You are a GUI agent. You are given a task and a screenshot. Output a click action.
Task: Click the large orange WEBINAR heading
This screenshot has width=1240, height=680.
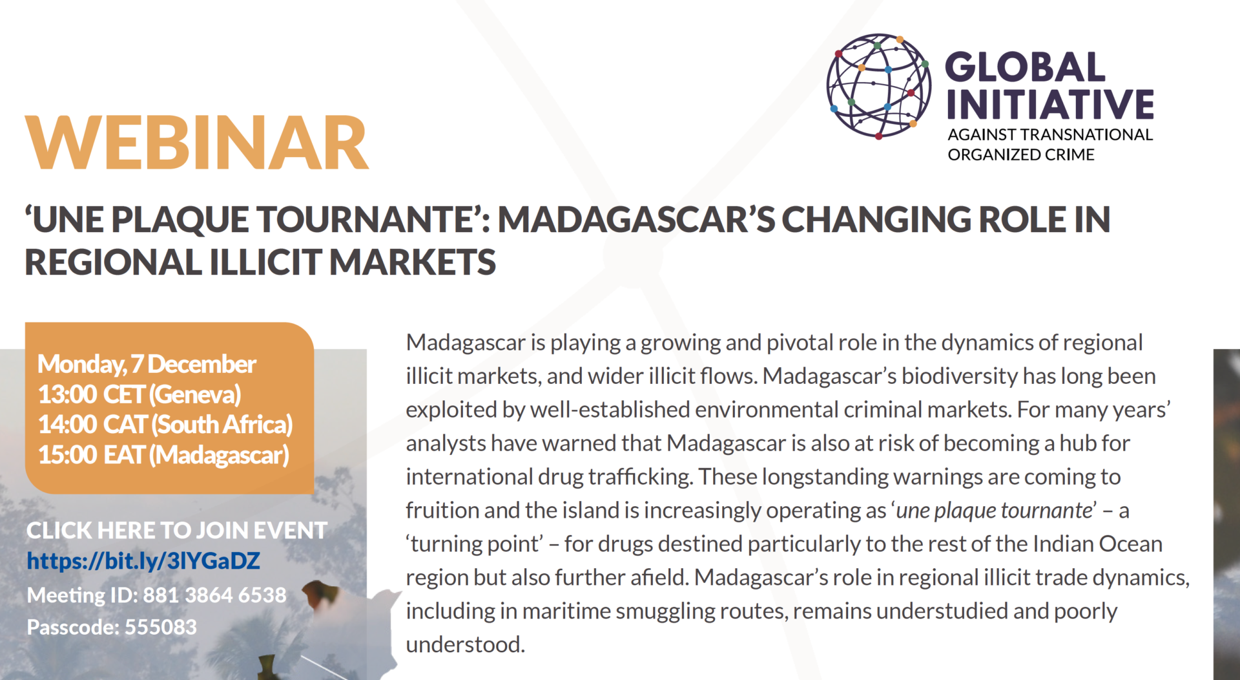pos(197,143)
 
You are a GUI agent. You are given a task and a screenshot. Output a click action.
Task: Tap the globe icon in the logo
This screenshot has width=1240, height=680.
pos(878,87)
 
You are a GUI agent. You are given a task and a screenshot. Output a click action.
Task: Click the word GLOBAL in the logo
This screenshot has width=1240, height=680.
pos(1025,67)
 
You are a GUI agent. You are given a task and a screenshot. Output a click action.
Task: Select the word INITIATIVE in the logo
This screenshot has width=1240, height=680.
pos(1050,105)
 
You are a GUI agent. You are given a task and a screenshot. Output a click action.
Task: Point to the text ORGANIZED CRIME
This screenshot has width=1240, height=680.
pos(1020,155)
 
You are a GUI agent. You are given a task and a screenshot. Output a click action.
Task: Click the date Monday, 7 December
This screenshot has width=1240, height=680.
pos(147,365)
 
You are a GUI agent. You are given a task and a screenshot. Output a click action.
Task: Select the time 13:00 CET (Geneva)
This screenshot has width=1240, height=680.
pos(139,394)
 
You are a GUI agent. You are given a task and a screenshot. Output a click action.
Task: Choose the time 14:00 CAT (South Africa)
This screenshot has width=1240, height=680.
pos(165,425)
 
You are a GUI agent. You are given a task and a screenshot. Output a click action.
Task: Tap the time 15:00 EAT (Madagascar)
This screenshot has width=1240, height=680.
pos(163,455)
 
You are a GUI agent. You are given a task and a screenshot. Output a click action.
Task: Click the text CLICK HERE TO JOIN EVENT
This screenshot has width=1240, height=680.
pos(176,531)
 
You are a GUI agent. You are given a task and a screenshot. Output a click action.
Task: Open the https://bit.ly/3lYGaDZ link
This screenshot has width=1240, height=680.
pos(143,561)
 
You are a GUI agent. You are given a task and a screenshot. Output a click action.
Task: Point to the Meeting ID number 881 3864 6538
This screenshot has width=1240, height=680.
pos(214,595)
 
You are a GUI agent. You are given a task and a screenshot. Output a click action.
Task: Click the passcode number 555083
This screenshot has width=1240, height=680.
pos(160,627)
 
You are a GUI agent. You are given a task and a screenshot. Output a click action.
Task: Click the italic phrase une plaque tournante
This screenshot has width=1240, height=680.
pos(994,511)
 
